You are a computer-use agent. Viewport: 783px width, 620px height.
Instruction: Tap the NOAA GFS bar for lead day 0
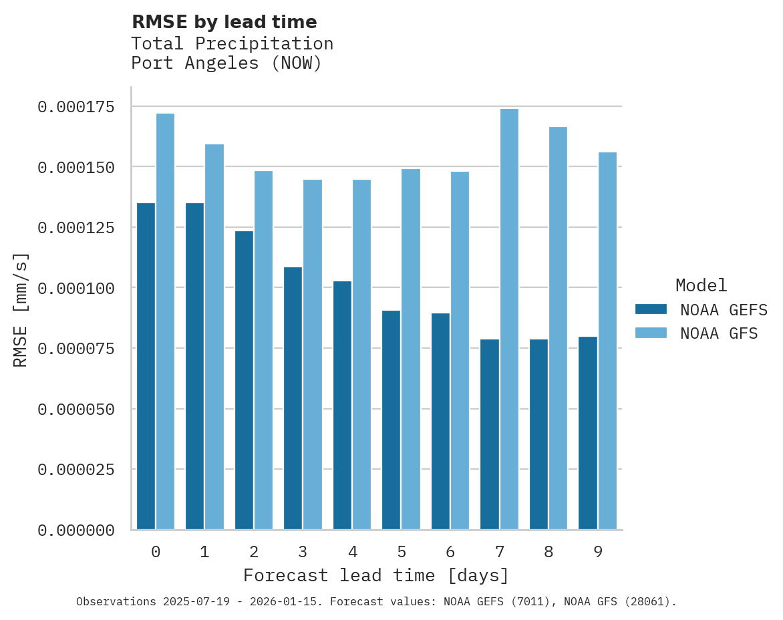pos(165,321)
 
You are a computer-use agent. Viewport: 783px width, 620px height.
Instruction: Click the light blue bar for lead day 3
pos(313,355)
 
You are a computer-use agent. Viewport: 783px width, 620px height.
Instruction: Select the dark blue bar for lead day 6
pos(440,422)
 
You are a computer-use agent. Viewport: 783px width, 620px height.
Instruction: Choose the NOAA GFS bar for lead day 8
pos(558,328)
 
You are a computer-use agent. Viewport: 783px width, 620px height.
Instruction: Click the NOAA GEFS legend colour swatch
pos(651,309)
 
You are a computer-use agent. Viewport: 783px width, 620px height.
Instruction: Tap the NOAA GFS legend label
pos(719,333)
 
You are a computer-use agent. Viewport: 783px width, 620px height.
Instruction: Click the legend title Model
pos(701,285)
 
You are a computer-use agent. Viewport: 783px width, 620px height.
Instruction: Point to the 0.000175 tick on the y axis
pos(75,107)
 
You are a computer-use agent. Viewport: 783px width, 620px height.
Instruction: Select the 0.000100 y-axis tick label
pos(75,288)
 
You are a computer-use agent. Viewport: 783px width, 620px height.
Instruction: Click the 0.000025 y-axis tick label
pos(75,470)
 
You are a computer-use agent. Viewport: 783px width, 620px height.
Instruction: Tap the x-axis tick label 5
pos(401,552)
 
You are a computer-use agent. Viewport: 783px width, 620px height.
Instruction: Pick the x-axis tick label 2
pos(254,552)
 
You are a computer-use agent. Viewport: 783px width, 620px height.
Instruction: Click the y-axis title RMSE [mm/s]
pos(21,310)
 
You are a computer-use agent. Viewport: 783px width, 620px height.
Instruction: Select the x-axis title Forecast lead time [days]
pos(376,575)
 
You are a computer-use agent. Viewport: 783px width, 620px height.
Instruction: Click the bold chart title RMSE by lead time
pos(224,22)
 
